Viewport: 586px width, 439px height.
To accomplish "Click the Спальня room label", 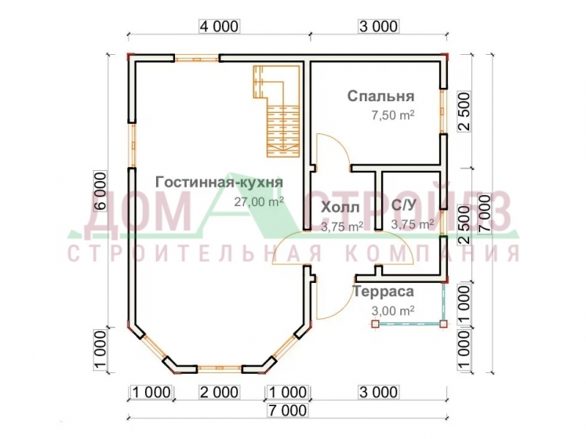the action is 380,96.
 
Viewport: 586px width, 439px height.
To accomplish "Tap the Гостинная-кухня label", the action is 220,183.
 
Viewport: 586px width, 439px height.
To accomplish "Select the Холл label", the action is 340,207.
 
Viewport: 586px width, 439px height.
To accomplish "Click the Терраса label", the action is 384,292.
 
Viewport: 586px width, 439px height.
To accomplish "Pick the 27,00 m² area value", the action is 259,201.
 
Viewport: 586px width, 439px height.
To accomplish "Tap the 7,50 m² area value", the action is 393,114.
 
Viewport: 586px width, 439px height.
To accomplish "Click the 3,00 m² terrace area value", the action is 393,310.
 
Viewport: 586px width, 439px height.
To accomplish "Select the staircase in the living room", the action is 277,111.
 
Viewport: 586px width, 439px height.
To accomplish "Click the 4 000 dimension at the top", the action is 220,27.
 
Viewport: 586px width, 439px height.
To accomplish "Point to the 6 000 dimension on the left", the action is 100,191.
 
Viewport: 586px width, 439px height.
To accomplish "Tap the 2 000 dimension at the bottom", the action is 220,392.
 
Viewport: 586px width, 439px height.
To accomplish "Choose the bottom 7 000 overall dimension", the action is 288,410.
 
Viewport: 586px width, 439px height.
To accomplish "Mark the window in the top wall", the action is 197,59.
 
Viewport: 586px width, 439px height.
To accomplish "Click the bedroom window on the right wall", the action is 443,111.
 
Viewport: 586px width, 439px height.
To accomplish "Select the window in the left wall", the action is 132,145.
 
